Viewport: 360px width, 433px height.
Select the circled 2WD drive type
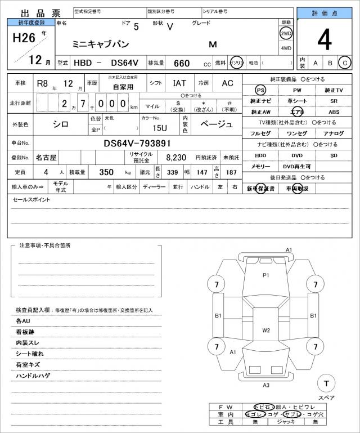click(286, 33)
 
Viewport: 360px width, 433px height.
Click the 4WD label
click(286, 48)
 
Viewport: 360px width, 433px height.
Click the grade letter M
click(213, 43)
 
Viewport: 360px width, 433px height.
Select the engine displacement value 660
click(182, 63)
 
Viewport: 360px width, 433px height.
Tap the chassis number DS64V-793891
click(137, 144)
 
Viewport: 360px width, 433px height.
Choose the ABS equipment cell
click(334, 112)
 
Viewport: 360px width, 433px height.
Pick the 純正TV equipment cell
click(334, 90)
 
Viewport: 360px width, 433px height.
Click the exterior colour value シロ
click(61, 124)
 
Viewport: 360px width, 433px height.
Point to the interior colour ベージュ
click(216, 124)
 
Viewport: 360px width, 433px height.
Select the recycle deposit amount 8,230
click(176, 158)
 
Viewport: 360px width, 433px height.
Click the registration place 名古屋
click(46, 158)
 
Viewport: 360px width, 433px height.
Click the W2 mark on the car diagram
click(266, 330)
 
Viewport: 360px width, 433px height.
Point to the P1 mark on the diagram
click(266, 275)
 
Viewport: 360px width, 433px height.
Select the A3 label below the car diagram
click(266, 385)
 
